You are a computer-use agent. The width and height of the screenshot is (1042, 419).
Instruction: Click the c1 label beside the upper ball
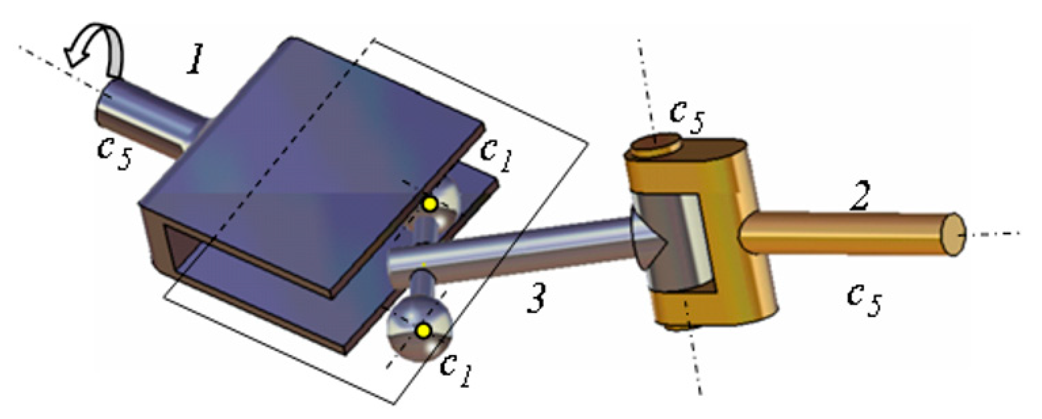point(495,155)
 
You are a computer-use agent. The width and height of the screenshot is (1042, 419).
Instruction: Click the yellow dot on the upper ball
point(430,204)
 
